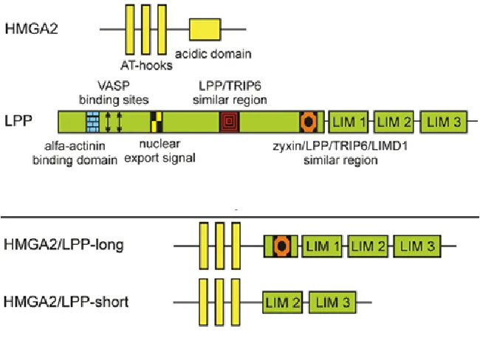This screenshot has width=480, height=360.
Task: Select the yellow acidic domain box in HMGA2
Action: click(205, 29)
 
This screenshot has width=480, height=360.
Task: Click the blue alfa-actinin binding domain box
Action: click(92, 121)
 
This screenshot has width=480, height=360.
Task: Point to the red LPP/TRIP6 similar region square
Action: click(229, 121)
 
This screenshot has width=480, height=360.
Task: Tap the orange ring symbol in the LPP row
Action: click(308, 121)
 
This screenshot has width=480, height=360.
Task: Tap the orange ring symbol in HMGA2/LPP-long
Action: click(281, 245)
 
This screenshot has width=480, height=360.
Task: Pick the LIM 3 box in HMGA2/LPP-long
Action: click(417, 245)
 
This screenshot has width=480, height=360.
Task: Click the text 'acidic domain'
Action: click(213, 54)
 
